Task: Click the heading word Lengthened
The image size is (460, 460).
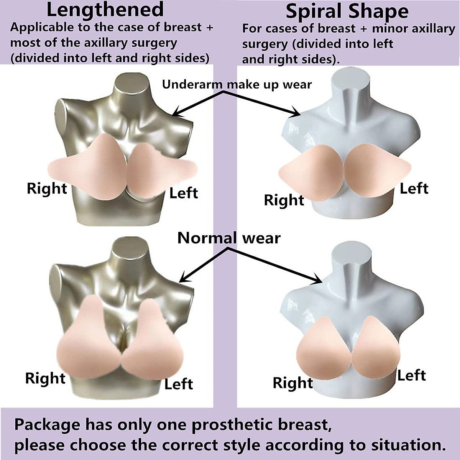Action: coord(105,10)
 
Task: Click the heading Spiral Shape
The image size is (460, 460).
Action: coord(347,11)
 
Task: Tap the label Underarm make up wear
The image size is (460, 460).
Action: coord(237,84)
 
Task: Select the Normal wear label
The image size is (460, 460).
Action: coord(229,238)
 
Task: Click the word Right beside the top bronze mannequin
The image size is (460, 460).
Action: coord(47,188)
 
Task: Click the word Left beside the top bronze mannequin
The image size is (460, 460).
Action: coord(183,193)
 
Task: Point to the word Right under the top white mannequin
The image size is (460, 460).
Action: coord(284,200)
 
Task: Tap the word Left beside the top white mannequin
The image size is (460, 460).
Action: coord(414,188)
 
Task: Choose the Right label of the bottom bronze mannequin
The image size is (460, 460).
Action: coord(45,378)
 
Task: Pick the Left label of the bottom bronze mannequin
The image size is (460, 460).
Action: coord(178,384)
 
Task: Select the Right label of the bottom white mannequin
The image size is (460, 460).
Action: coord(293,383)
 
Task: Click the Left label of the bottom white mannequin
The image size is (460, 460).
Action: coord(411,375)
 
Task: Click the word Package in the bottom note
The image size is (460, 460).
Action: coord(47,425)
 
